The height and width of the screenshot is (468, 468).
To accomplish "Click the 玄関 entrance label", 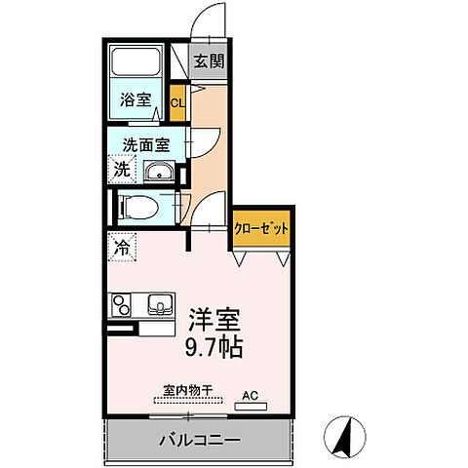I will (x=208, y=61).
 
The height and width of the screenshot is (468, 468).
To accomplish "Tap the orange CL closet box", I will (x=177, y=102).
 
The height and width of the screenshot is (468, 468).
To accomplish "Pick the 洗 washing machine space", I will (x=122, y=170).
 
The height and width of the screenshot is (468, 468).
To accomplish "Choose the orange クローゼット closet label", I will (x=262, y=227).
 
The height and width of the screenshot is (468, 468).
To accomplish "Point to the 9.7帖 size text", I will (x=210, y=345).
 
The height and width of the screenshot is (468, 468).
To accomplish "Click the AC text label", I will (x=250, y=395).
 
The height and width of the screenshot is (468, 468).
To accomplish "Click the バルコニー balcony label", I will (x=198, y=440).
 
